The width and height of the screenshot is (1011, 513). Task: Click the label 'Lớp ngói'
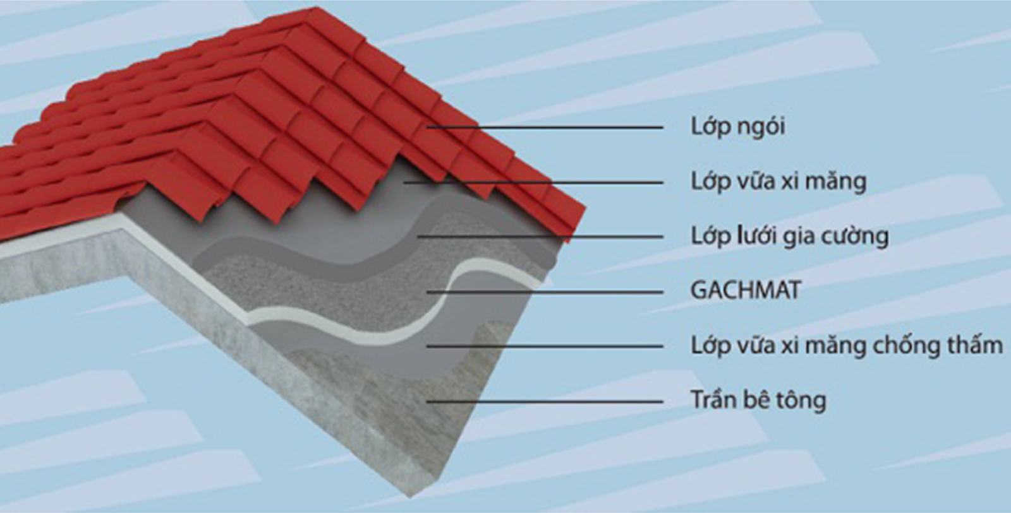pyautogui.click(x=738, y=127)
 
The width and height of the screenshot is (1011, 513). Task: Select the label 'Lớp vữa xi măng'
pyautogui.click(x=778, y=181)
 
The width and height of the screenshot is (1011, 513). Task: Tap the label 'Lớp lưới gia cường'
pyautogui.click(x=789, y=236)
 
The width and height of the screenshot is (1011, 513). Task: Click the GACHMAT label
pyautogui.click(x=746, y=290)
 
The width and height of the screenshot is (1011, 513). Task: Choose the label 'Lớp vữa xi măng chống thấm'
pyautogui.click(x=847, y=345)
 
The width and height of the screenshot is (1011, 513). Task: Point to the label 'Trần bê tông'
pyautogui.click(x=758, y=400)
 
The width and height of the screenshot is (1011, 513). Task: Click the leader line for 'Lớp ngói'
pyautogui.click(x=545, y=127)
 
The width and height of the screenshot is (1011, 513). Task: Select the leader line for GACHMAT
pyautogui.click(x=545, y=292)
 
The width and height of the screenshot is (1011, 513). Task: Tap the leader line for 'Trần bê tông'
pyautogui.click(x=545, y=401)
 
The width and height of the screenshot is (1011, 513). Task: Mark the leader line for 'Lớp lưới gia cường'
pyautogui.click(x=540, y=236)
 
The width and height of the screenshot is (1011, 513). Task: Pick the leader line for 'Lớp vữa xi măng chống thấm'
pyautogui.click(x=545, y=346)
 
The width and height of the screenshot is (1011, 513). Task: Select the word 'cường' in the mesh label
pyautogui.click(x=860, y=237)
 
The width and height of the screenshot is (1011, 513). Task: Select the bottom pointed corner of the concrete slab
pyautogui.click(x=410, y=497)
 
